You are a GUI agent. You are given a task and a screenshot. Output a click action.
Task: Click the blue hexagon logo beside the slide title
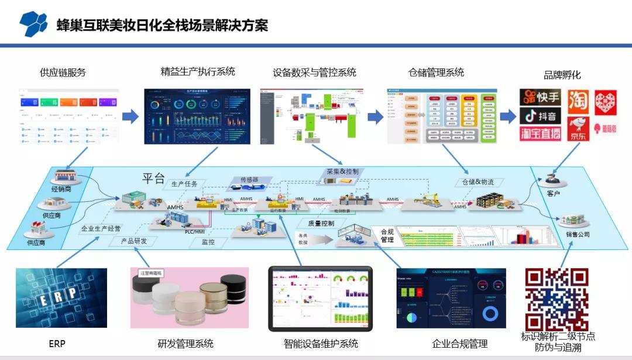[x=33, y=24]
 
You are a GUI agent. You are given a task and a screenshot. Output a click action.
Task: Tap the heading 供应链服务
[x=63, y=73]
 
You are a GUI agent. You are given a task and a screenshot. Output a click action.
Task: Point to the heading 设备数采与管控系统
[x=314, y=73]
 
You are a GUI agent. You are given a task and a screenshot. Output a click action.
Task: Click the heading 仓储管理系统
[x=436, y=72]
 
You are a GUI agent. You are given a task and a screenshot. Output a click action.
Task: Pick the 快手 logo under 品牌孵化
[x=540, y=97]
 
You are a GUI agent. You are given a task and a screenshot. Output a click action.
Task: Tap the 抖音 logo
[x=540, y=115]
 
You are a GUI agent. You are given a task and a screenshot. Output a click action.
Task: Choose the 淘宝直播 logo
[x=540, y=133]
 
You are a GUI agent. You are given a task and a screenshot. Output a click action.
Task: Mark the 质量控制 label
[x=321, y=223]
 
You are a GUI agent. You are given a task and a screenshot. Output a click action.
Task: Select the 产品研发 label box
[x=133, y=241]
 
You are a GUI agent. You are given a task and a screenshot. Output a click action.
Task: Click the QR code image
[x=557, y=299]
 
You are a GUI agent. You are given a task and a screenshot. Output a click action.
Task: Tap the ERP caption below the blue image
[x=57, y=344]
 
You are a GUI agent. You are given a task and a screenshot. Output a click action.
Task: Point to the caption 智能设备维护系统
[x=321, y=344]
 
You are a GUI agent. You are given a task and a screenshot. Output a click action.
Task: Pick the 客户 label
[x=554, y=194]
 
